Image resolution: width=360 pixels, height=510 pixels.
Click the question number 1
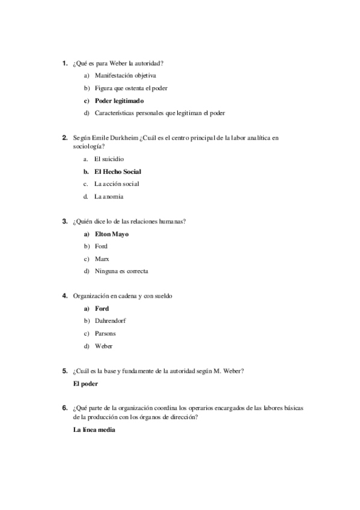click(x=64, y=63)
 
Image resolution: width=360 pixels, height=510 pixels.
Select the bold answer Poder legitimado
click(x=119, y=100)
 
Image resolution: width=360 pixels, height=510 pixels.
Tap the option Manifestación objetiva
click(x=125, y=76)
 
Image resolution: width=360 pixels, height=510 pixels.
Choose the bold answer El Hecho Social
click(x=117, y=171)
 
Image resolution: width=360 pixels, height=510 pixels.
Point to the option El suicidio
click(x=109, y=159)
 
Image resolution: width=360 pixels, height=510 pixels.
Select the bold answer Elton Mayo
click(x=112, y=234)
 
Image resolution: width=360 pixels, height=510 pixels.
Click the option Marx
click(x=102, y=259)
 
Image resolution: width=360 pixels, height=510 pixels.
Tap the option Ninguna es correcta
click(x=121, y=271)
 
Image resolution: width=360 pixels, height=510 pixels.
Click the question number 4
click(x=64, y=296)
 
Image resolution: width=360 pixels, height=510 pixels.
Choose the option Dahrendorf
click(x=110, y=321)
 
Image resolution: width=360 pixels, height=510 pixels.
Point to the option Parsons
click(x=105, y=333)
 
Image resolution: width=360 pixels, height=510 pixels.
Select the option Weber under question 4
click(x=103, y=346)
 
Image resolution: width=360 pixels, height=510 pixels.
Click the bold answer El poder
click(x=85, y=383)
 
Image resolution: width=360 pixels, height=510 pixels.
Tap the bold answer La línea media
click(x=93, y=429)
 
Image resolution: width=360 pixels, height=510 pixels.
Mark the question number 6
click(x=64, y=408)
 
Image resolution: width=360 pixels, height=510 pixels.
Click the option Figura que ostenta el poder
click(x=130, y=88)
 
